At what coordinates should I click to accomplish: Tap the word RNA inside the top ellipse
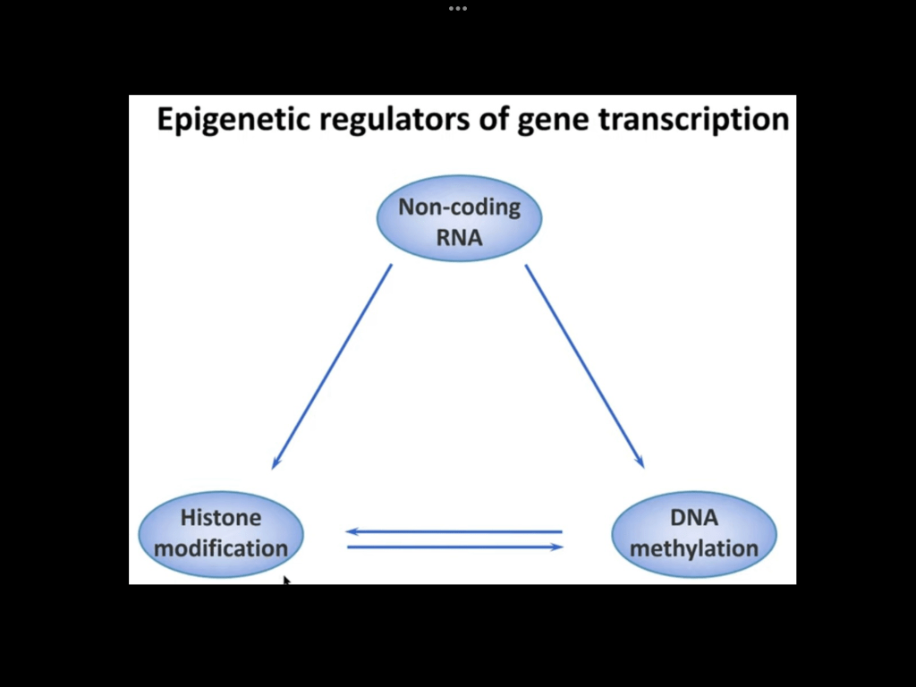pos(459,237)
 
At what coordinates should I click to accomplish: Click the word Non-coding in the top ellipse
pos(459,208)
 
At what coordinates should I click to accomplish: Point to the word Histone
pos(221,518)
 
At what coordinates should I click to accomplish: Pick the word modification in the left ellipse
pos(221,548)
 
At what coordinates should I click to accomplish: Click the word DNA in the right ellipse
pos(693,518)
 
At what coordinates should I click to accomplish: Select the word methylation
pos(693,548)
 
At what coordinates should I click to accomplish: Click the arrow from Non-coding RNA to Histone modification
pos(332,366)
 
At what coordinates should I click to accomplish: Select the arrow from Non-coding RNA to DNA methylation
pos(584,366)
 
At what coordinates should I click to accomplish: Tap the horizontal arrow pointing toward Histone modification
pos(454,531)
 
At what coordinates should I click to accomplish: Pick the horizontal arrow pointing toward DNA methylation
pos(454,547)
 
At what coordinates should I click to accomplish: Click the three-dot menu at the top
pos(458,8)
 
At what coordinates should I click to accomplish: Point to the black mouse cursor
pos(286,581)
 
